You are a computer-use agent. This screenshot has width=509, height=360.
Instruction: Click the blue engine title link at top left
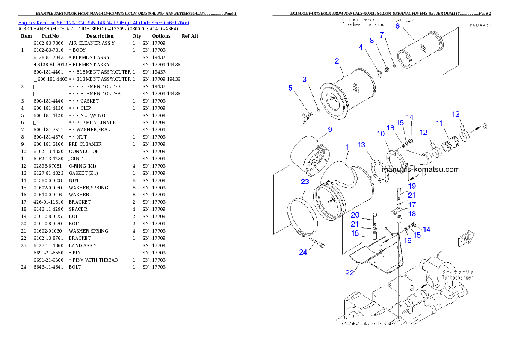104,22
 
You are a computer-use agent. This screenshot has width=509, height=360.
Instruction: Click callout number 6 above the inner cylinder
397,26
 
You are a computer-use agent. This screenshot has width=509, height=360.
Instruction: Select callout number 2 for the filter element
337,61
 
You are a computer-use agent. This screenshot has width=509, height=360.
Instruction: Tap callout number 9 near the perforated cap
330,130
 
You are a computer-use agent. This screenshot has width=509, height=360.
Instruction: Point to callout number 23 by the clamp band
305,182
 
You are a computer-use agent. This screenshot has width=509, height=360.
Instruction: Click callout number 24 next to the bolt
303,252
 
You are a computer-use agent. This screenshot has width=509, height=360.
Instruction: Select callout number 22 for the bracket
349,273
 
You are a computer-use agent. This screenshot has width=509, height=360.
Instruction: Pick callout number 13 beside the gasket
362,145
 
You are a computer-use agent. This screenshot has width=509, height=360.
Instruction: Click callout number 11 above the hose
439,123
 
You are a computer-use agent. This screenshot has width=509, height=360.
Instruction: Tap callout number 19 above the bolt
411,186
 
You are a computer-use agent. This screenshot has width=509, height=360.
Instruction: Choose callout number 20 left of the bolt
355,215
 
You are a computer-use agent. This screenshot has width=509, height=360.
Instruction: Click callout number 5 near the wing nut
290,88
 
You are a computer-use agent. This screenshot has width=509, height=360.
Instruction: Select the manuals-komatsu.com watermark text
420,169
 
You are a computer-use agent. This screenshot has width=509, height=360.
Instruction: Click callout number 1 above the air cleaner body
347,147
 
